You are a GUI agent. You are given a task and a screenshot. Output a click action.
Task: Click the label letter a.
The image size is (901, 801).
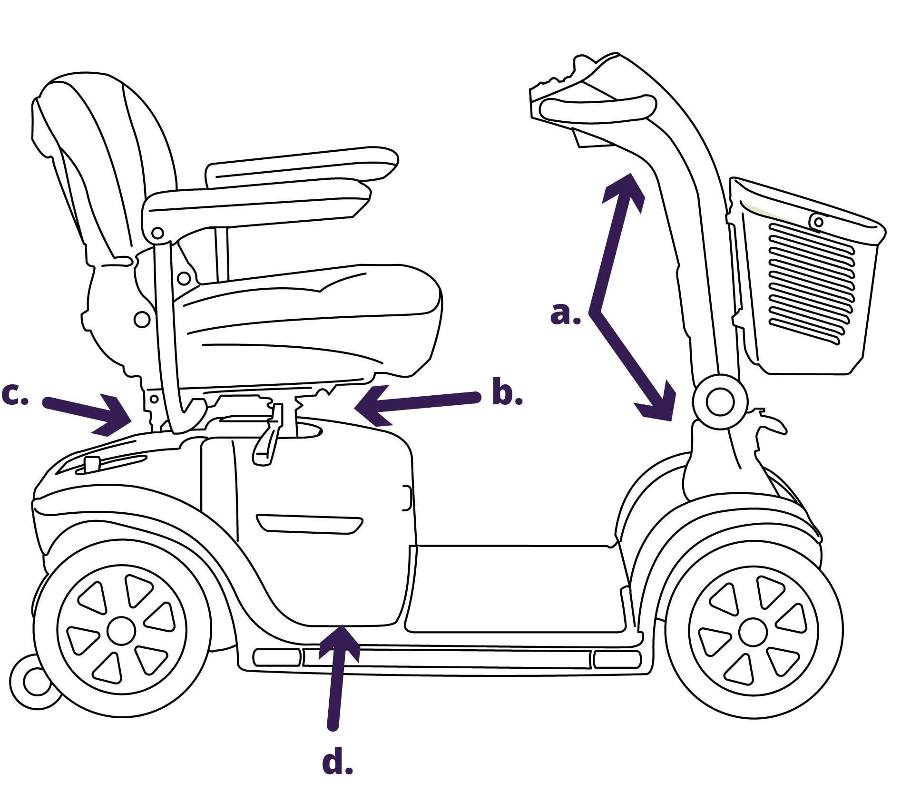pyautogui.click(x=565, y=314)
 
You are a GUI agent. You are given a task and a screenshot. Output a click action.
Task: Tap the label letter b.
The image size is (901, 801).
pyautogui.click(x=507, y=392)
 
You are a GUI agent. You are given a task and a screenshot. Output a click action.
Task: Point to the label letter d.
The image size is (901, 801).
pyautogui.click(x=337, y=762)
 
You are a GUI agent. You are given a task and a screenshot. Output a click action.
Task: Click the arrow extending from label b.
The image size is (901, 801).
pyautogui.click(x=419, y=402)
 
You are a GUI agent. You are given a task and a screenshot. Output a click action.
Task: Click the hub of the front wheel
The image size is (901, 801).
pyautogui.click(x=753, y=632)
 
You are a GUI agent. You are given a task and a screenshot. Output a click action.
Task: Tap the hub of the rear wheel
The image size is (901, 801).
pyautogui.click(x=121, y=631)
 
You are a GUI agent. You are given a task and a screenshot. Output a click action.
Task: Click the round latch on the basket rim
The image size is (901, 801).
pyautogui.click(x=818, y=222)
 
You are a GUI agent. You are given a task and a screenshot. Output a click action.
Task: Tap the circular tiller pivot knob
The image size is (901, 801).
pyautogui.click(x=720, y=402)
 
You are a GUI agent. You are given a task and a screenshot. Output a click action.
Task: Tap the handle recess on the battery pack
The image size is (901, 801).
pyautogui.click(x=309, y=524)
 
